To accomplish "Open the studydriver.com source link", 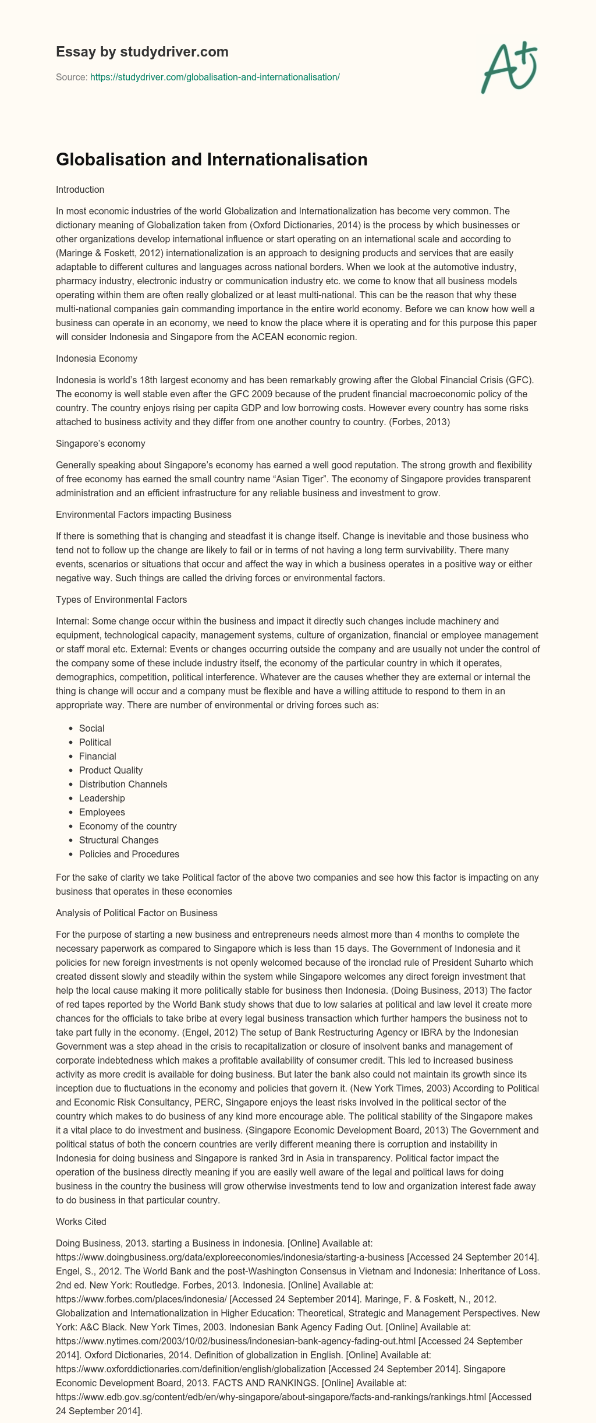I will pyautogui.click(x=215, y=77).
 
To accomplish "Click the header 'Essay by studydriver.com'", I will pyautogui.click(x=142, y=52).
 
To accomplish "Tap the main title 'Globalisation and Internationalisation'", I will pyautogui.click(x=211, y=160).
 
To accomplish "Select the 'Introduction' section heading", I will pyautogui.click(x=80, y=189).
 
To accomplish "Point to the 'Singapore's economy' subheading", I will pyautogui.click(x=100, y=443).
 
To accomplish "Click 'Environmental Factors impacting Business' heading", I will pyautogui.click(x=143, y=514).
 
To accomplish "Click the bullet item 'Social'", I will pyautogui.click(x=91, y=728).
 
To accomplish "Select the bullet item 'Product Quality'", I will pyautogui.click(x=111, y=770).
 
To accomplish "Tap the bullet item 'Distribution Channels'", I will pyautogui.click(x=123, y=784).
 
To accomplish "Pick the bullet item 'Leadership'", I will pyautogui.click(x=102, y=798).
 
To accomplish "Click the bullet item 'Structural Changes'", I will pyautogui.click(x=119, y=840).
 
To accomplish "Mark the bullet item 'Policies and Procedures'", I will pyautogui.click(x=129, y=854).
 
